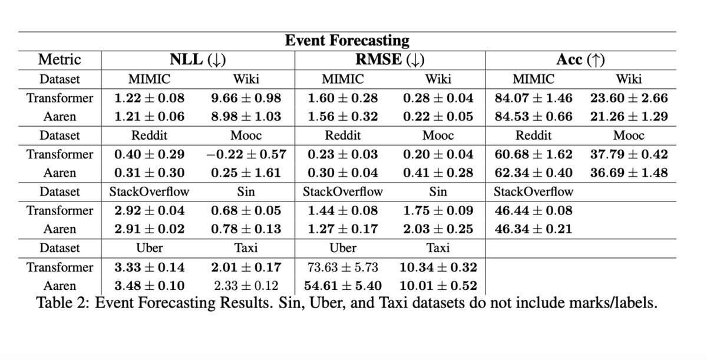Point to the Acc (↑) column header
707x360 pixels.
[582, 60]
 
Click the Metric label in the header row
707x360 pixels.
[59, 60]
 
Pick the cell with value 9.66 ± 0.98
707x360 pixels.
[246, 97]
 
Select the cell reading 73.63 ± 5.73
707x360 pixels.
[342, 267]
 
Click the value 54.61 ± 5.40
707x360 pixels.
[342, 286]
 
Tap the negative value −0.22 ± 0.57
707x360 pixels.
[246, 154]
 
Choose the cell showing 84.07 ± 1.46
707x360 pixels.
[534, 97]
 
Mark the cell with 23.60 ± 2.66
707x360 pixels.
[629, 97]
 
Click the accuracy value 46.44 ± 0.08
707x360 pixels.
[534, 210]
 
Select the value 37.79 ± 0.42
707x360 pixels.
[629, 154]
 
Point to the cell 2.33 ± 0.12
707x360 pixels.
[246, 286]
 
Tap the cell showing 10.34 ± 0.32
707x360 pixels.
[438, 267]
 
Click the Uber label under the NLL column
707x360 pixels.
[149, 248]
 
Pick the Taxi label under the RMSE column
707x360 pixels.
[438, 248]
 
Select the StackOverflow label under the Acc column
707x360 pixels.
[533, 191]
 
